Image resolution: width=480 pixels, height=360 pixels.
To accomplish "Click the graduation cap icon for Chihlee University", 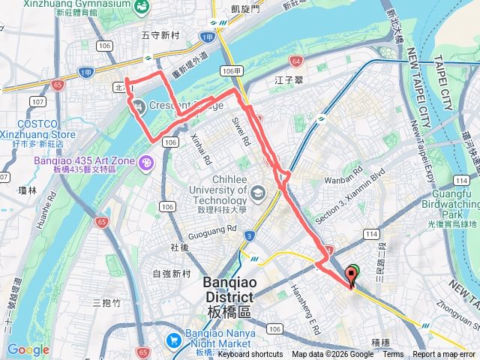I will pyautogui.click(x=258, y=193).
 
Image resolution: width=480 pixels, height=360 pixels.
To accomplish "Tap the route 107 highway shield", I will pyautogui.click(x=37, y=101).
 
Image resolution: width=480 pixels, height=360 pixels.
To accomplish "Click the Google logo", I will pyautogui.click(x=28, y=349).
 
